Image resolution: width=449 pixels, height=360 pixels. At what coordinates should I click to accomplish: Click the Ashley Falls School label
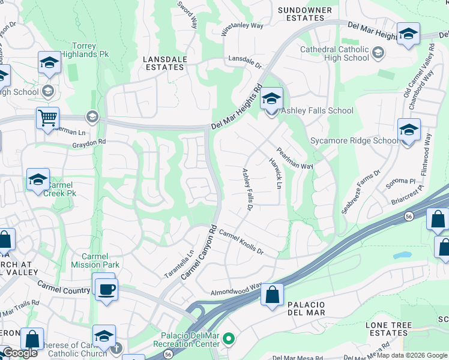point(317,110)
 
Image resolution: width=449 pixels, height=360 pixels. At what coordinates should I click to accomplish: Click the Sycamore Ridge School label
point(353,141)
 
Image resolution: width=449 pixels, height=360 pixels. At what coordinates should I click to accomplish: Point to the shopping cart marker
point(47,118)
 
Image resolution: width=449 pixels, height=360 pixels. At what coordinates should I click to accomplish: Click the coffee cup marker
point(107,290)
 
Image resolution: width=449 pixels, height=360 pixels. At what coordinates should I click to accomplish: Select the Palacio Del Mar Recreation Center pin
point(228,340)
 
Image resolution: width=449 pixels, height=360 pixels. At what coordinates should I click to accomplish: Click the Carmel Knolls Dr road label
point(241,241)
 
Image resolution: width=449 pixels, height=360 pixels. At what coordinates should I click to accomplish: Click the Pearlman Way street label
point(295,158)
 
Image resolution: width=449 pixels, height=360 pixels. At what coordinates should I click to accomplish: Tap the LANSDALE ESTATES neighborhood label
point(164,63)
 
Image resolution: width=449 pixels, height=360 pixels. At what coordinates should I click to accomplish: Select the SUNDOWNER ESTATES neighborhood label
point(305,14)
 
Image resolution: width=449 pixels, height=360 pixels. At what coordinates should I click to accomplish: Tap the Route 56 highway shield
point(408,216)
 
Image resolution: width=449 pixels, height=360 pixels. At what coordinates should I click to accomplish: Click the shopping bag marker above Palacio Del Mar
point(273,295)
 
